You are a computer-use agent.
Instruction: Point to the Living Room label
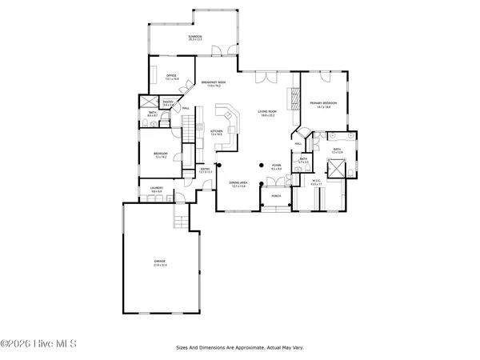[x=266, y=114]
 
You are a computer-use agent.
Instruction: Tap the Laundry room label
[x=157, y=189]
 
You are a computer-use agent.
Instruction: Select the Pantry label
[x=169, y=102]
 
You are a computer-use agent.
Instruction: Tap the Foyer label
[x=276, y=167]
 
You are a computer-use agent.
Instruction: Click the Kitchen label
[x=216, y=132]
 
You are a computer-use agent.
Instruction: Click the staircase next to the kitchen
[x=190, y=126]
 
